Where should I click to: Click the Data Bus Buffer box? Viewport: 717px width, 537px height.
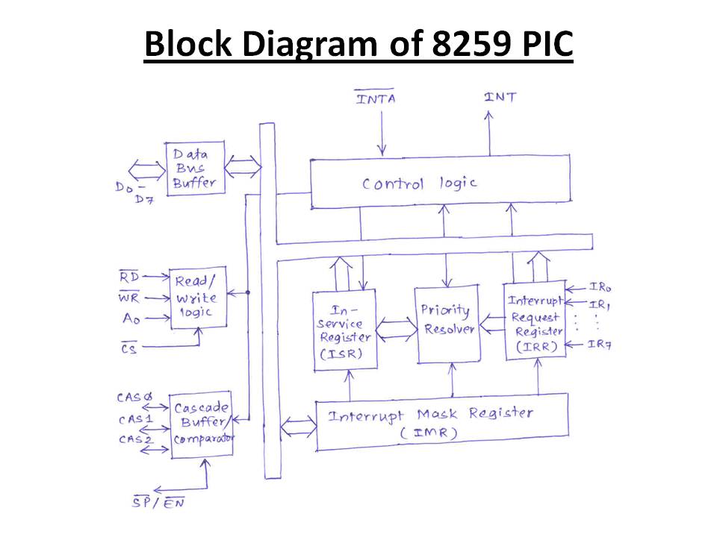pos(195,169)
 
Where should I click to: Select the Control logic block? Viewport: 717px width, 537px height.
pos(441,182)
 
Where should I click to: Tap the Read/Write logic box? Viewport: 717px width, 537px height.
pos(198,298)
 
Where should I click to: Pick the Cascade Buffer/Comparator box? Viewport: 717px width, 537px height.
pos(202,424)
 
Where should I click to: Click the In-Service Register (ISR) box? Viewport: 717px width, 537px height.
pos(345,330)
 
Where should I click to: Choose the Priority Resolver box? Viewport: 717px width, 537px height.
pos(447,324)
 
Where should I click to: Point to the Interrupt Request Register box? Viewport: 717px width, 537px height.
pos(535,321)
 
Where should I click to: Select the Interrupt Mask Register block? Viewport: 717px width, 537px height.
pos(442,421)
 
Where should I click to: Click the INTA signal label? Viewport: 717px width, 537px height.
pos(375,97)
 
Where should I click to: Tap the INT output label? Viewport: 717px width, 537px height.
pos(500,97)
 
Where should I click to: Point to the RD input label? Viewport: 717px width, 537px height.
pos(129,276)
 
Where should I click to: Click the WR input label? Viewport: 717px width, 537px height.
pos(128,298)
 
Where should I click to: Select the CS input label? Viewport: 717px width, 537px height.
pos(128,348)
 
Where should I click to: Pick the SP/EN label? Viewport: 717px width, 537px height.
pos(158,502)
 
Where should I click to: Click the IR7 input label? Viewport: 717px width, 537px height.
pos(600,344)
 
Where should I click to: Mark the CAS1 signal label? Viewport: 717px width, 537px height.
pos(136,419)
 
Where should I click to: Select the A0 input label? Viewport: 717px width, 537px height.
pos(131,318)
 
